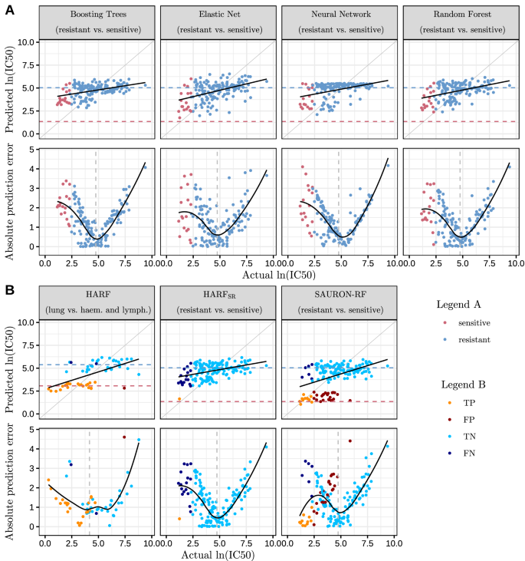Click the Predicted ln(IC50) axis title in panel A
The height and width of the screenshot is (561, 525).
(x=11, y=87)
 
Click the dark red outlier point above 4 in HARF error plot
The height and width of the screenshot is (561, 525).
(x=124, y=437)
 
